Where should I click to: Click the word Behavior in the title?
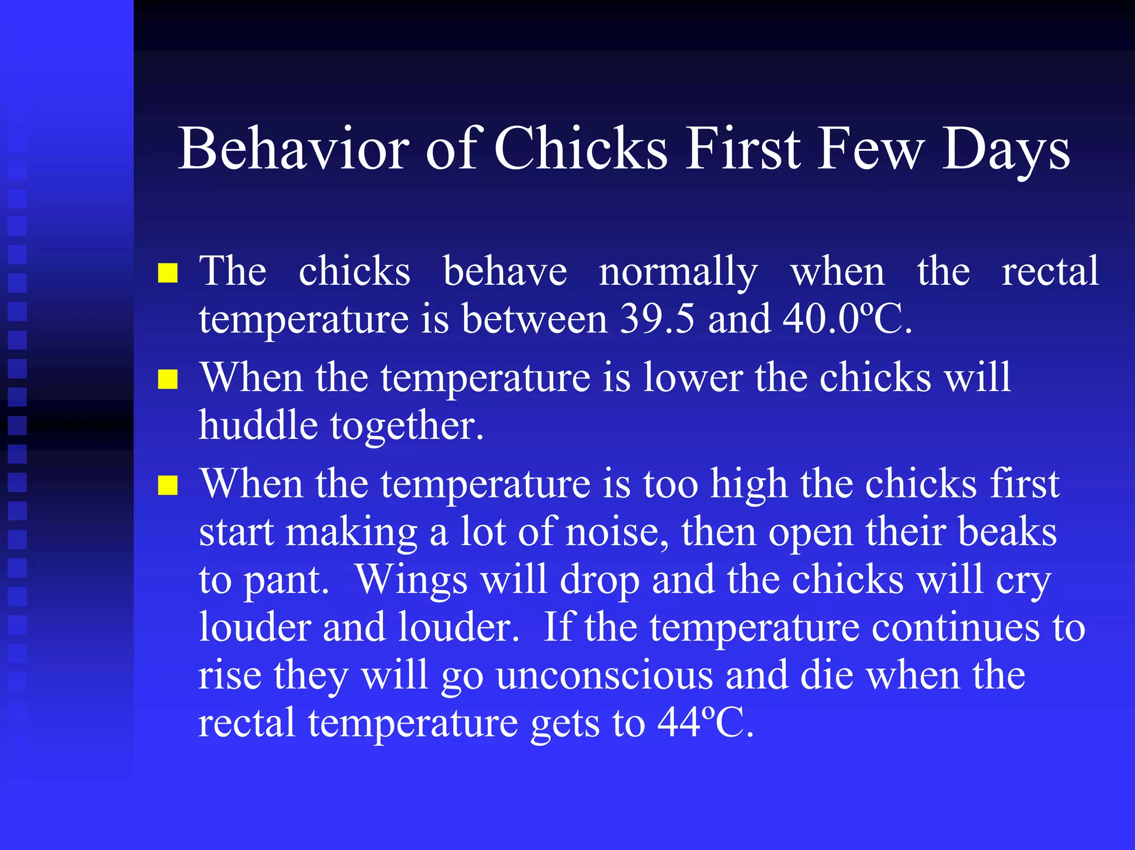pos(293,149)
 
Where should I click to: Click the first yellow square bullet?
pos(167,273)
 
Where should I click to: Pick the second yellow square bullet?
pos(167,380)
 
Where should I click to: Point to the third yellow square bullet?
pos(167,485)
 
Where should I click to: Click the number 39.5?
pos(657,319)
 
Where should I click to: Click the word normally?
pos(678,273)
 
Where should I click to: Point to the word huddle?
pos(258,426)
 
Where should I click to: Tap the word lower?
pos(693,378)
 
